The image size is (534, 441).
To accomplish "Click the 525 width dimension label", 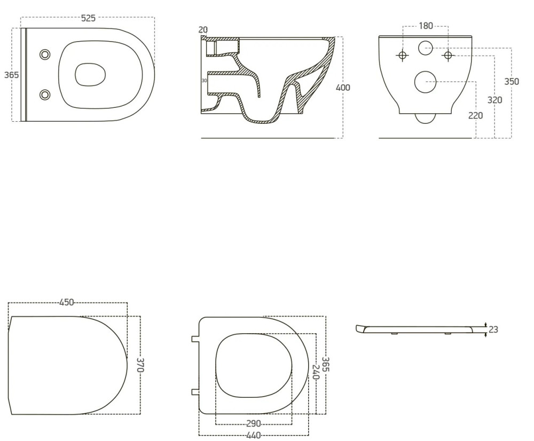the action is pyautogui.click(x=88, y=18).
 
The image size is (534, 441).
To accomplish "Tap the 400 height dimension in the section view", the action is pyautogui.click(x=343, y=88).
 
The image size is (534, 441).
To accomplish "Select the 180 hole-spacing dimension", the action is pyautogui.click(x=426, y=26).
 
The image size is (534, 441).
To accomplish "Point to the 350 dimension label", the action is pyautogui.click(x=512, y=82).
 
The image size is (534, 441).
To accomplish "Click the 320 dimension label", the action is pyautogui.click(x=495, y=100).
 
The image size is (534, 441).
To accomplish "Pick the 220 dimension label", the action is pyautogui.click(x=475, y=116).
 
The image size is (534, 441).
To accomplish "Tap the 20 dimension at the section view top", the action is pyautogui.click(x=203, y=30).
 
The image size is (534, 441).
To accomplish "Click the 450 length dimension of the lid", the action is pyautogui.click(x=66, y=302).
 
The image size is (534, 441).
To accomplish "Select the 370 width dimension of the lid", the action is pyautogui.click(x=141, y=365).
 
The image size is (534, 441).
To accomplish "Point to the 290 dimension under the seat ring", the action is pyautogui.click(x=253, y=423).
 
